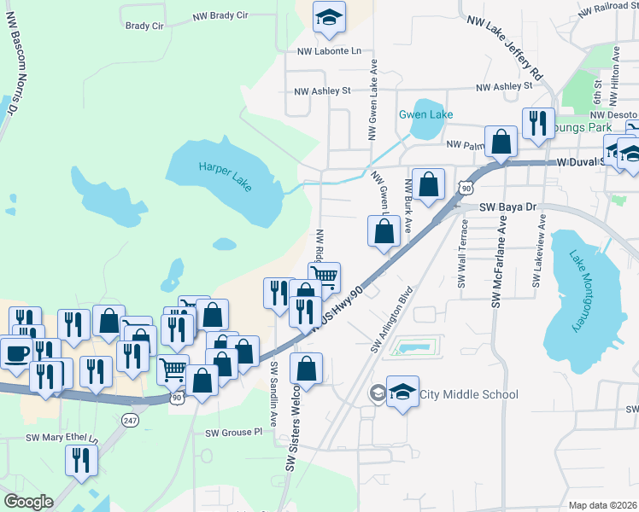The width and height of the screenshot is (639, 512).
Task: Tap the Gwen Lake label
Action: pyautogui.click(x=425, y=114)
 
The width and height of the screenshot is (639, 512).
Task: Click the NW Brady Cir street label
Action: pyautogui.click(x=220, y=15)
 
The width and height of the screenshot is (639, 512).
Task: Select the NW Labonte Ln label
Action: pyautogui.click(x=329, y=51)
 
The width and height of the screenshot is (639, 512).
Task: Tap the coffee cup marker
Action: pyautogui.click(x=16, y=352)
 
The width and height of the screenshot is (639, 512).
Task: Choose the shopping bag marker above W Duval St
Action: pyautogui.click(x=501, y=141)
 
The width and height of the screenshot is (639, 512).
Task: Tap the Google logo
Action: pyautogui.click(x=28, y=501)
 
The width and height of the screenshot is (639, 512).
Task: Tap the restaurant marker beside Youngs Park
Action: pyautogui.click(x=537, y=123)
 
